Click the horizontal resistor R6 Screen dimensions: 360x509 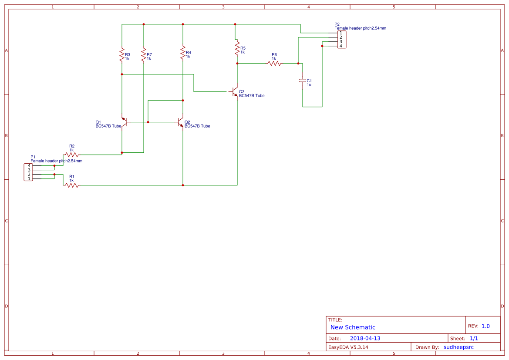274,63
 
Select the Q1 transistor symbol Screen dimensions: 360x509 124,122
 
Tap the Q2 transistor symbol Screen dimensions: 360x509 180,122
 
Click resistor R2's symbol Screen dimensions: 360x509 72,155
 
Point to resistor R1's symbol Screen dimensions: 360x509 72,185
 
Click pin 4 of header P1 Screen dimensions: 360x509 29,165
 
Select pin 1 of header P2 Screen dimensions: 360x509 341,33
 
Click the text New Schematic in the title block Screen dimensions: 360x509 353,327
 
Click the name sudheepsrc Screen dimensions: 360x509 458,347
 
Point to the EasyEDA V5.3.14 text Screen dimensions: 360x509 348,347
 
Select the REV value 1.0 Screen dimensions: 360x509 485,326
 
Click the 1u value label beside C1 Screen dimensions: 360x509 309,85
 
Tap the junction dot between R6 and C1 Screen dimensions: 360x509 298,63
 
